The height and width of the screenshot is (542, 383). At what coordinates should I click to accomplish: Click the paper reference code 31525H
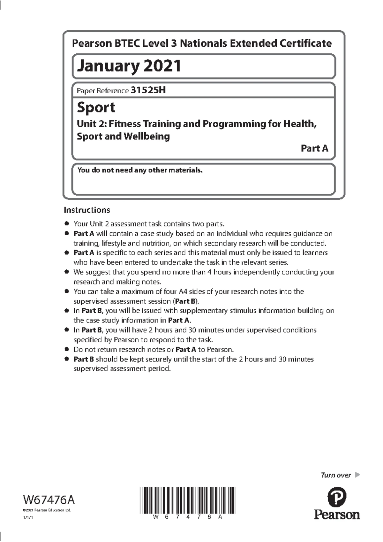click(148, 90)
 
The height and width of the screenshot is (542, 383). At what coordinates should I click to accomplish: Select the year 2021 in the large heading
click(162, 66)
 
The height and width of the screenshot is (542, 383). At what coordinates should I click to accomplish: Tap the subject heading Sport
click(96, 107)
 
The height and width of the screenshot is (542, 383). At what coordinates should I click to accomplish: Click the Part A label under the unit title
click(314, 148)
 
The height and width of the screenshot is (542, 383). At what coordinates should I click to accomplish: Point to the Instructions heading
click(87, 210)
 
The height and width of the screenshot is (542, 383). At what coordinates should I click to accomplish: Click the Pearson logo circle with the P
click(337, 497)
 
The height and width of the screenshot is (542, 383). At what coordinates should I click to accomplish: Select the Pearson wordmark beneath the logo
click(337, 515)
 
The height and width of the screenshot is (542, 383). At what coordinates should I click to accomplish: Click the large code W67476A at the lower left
click(49, 499)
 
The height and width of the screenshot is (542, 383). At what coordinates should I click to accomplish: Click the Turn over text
click(336, 475)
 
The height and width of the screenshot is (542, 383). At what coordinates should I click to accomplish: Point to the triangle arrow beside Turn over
click(357, 475)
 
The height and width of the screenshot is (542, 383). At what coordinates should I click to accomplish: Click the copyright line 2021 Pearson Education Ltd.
click(47, 510)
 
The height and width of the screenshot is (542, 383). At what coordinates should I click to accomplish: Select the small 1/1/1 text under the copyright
click(28, 518)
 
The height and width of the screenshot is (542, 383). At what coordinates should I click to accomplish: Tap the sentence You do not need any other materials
click(140, 170)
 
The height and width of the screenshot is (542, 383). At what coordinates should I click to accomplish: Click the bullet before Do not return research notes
click(66, 349)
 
